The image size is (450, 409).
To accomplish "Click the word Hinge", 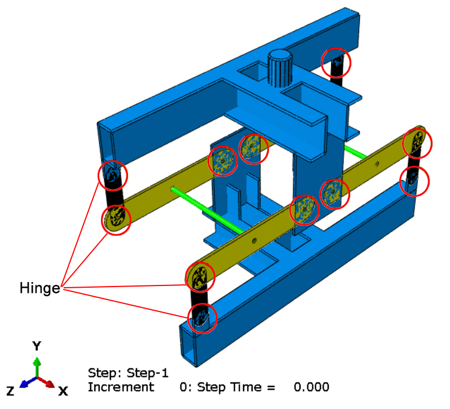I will click(x=39, y=288).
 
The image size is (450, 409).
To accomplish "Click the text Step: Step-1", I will click(x=128, y=373).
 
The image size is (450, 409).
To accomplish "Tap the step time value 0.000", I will click(x=311, y=387).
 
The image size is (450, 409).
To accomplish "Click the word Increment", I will click(x=121, y=387).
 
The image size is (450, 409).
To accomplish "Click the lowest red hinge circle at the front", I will click(x=201, y=317).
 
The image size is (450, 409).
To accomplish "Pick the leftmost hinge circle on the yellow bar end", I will click(x=116, y=218).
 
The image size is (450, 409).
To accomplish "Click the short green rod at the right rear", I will click(x=356, y=151).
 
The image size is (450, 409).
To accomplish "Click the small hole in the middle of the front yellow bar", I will click(x=255, y=241).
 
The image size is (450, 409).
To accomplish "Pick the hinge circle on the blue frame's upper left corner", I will click(x=113, y=175).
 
